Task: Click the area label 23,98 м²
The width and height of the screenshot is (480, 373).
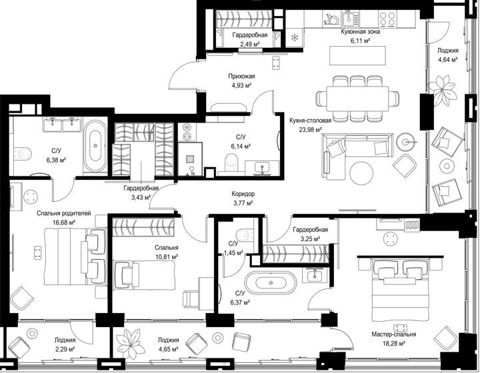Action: pyautogui.click(x=310, y=130)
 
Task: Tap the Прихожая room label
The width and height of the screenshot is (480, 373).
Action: pyautogui.click(x=241, y=77)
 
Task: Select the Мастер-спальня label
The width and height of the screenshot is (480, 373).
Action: pyautogui.click(x=394, y=334)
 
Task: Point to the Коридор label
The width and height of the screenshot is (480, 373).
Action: pyautogui.click(x=243, y=194)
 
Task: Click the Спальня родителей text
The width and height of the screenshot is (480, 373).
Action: pyautogui.click(x=64, y=213)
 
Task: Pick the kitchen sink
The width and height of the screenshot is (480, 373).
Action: pyautogui.click(x=349, y=18)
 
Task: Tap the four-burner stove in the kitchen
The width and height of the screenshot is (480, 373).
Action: pyautogui.click(x=387, y=19)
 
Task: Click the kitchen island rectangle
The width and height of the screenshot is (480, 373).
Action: pyautogui.click(x=357, y=55)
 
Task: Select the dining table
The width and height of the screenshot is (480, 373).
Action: pyautogui.click(x=357, y=99)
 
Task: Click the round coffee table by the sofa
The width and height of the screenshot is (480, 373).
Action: pyautogui.click(x=361, y=173)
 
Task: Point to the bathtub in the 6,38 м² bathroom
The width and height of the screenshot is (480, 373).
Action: pyautogui.click(x=95, y=147)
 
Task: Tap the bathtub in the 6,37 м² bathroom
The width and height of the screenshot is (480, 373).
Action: pyautogui.click(x=271, y=283)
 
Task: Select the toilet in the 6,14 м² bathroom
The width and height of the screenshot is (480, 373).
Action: pyautogui.click(x=231, y=162)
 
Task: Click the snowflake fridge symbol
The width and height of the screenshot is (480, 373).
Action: pyautogui.click(x=295, y=37)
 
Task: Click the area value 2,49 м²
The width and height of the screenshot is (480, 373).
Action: pyautogui.click(x=250, y=44)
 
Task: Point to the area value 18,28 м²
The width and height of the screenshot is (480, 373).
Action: pyautogui.click(x=394, y=343)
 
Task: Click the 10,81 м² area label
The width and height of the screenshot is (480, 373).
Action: pyautogui.click(x=167, y=257)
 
